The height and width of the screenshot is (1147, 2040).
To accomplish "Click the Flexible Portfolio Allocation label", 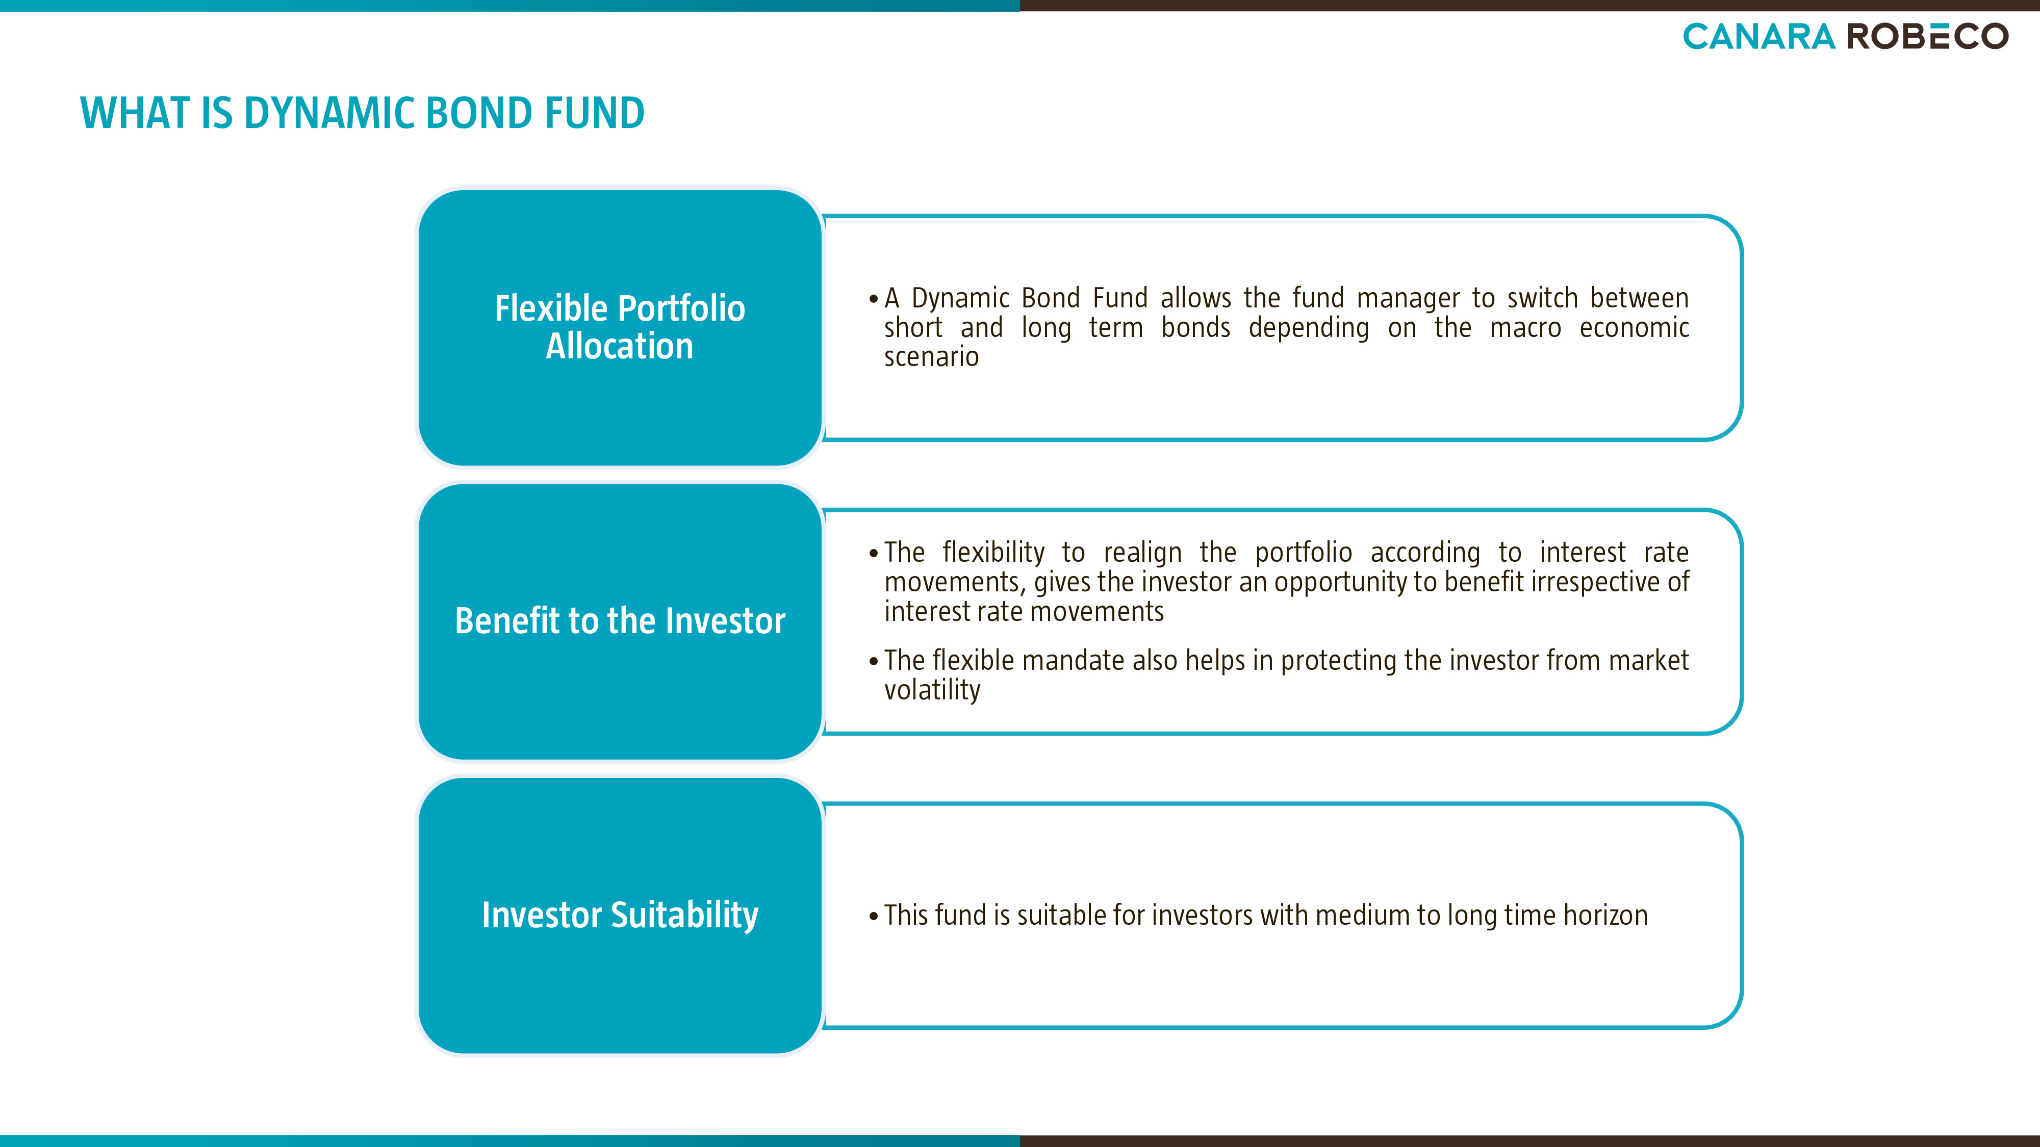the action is coord(620,327).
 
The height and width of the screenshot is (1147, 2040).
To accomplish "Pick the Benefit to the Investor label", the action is coord(620,620).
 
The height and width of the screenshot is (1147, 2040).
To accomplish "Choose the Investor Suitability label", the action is coord(620,915).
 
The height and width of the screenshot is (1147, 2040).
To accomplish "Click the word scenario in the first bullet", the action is coord(931,357).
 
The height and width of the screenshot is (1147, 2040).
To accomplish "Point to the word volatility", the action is coord(932,690).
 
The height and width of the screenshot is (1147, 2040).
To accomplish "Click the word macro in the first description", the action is coord(1525,328).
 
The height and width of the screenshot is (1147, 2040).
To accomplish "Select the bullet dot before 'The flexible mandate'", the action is coord(874,662).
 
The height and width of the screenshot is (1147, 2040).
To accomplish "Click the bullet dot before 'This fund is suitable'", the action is coord(874,917).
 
